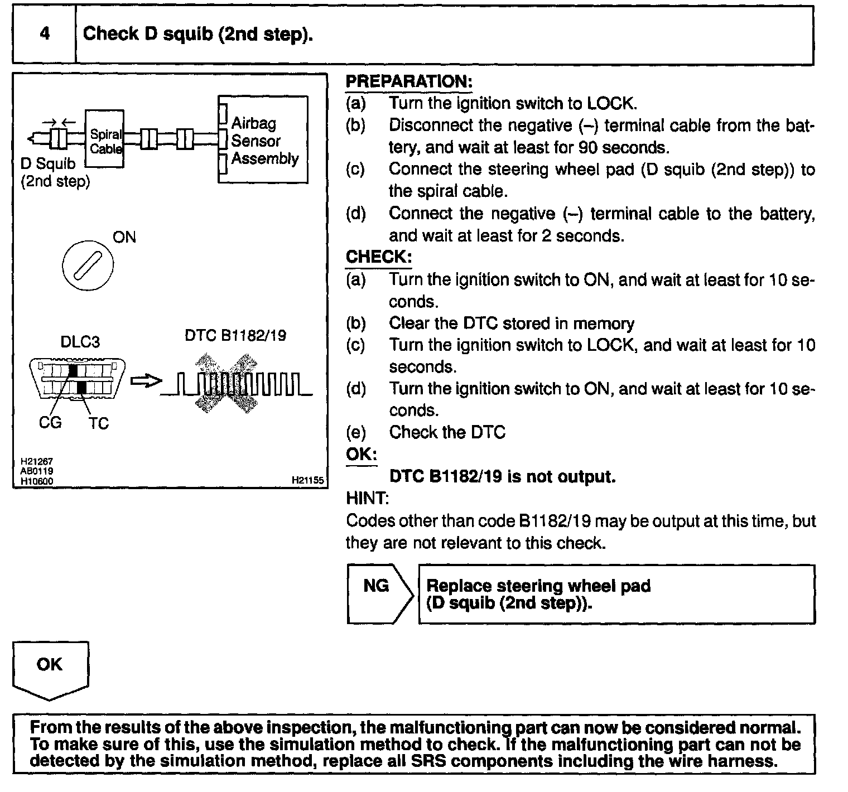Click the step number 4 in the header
click(45, 34)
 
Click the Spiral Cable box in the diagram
click(104, 139)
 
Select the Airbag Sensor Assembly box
click(263, 140)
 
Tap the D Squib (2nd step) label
click(54, 172)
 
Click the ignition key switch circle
click(88, 264)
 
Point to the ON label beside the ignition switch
click(124, 237)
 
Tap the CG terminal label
click(50, 423)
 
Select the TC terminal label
click(98, 423)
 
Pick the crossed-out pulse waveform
click(237, 383)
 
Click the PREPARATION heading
click(409, 81)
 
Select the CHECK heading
click(379, 257)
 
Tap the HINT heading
click(367, 498)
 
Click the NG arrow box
click(379, 593)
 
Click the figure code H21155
click(307, 480)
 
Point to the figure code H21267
click(36, 462)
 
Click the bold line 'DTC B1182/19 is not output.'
click(502, 476)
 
